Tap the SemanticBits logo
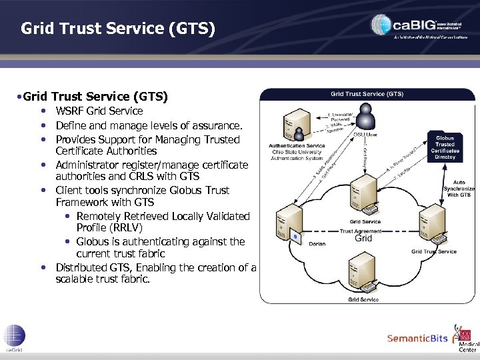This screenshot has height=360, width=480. tap(417, 338)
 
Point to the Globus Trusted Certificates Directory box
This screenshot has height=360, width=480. tap(445, 145)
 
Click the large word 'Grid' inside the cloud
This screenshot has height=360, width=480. tap(363, 239)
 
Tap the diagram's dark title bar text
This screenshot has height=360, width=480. tap(367, 94)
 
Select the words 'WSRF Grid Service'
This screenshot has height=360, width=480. tap(99, 111)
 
